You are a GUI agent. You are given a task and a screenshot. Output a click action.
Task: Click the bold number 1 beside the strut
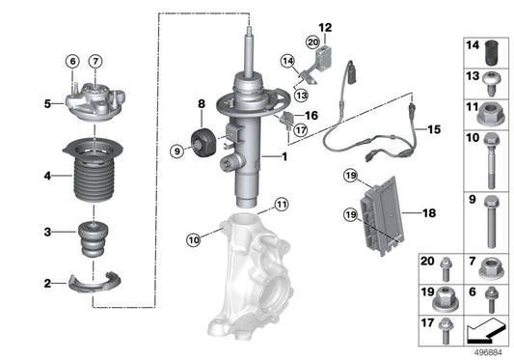(x=284, y=156)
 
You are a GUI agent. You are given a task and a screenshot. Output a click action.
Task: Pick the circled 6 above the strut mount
(x=72, y=63)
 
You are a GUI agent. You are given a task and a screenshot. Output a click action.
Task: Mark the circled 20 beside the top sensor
(x=313, y=42)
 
